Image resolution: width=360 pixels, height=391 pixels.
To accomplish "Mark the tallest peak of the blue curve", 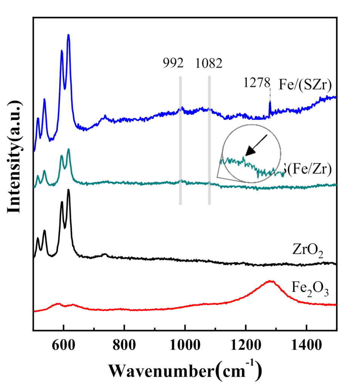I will [68, 35].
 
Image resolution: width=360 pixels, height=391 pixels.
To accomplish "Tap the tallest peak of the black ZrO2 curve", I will [68, 190].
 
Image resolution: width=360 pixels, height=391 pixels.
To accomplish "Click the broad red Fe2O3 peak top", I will [270, 281].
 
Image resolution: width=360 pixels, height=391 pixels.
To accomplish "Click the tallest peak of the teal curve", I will [69, 150].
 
